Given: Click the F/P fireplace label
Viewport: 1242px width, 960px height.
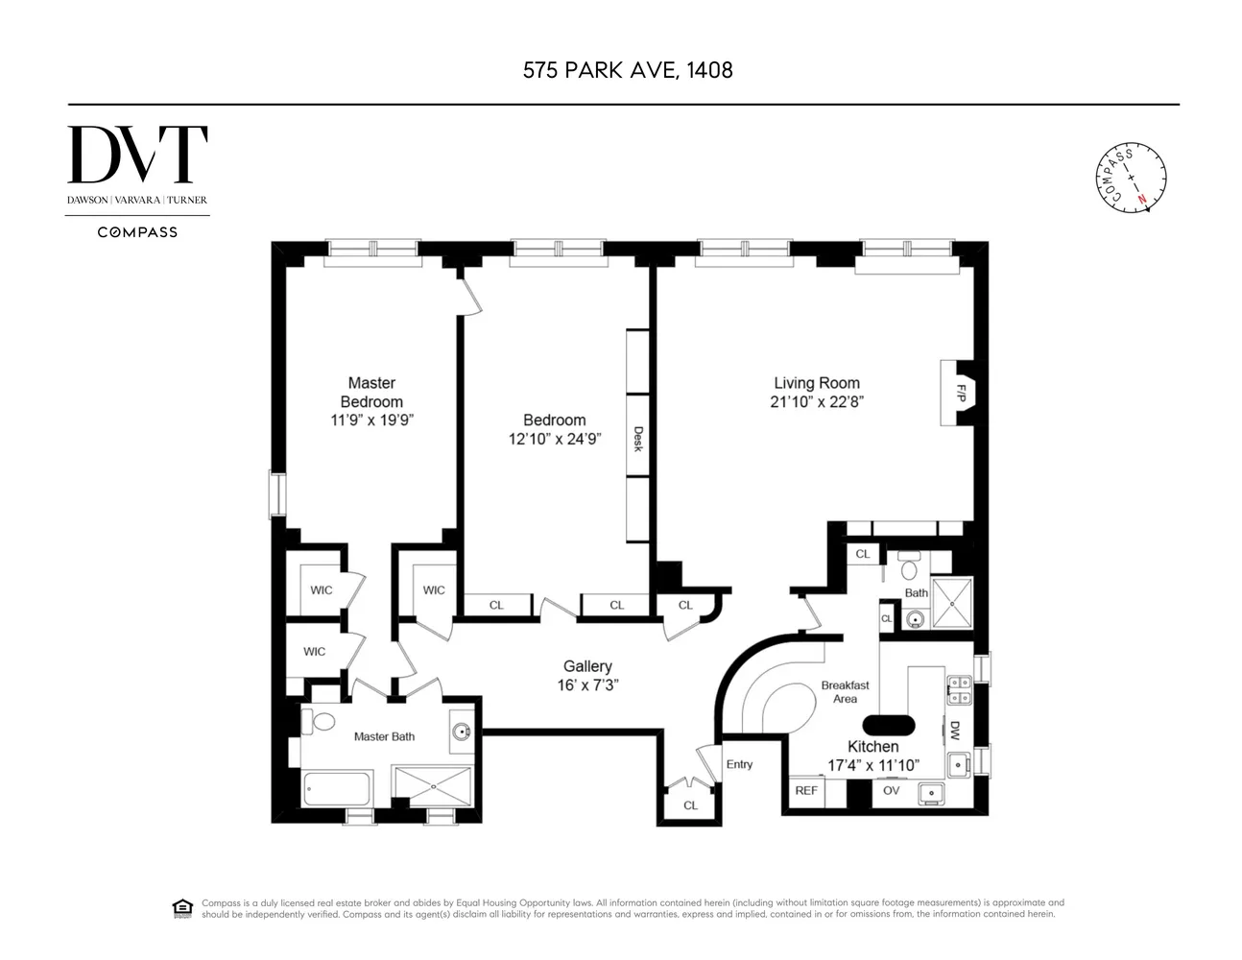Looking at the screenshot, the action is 961,394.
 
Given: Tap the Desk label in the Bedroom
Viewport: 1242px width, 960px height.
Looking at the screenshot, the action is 638,439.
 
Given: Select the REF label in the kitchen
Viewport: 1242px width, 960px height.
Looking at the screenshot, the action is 806,791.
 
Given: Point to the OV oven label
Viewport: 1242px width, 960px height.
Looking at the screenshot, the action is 891,790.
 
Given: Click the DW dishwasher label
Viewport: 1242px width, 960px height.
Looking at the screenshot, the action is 954,731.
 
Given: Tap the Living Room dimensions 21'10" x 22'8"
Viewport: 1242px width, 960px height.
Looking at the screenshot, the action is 817,402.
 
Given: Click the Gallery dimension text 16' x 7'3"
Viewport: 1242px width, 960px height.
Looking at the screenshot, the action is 588,685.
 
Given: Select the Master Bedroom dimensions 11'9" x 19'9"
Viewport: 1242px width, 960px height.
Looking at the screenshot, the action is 372,420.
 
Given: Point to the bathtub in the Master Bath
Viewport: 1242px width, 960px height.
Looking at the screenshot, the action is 337,789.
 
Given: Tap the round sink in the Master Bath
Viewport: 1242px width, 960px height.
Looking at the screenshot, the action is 461,731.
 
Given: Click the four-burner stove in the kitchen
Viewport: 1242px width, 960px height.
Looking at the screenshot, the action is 960,690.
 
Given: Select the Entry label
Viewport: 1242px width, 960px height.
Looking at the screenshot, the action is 739,764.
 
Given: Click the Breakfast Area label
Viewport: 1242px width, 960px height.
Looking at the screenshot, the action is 845,692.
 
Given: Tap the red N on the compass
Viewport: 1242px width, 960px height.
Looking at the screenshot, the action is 1142,200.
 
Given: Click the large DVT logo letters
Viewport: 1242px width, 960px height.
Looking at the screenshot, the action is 137,155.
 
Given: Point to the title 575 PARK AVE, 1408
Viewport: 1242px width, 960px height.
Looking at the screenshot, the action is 628,70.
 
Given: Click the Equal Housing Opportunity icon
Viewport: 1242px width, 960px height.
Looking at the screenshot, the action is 182,908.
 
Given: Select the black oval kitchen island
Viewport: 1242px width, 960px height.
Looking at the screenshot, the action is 888,726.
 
